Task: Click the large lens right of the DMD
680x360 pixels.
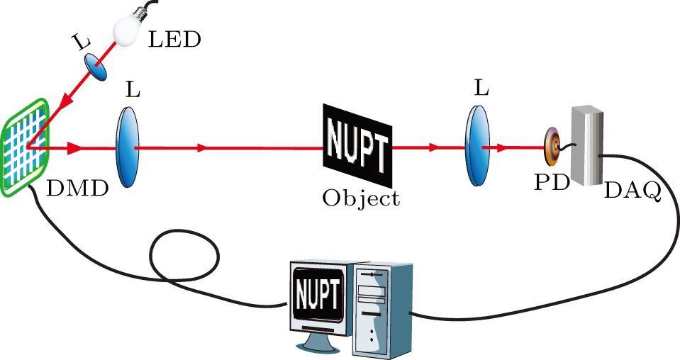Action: tap(126, 147)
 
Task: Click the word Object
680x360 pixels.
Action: tap(361, 198)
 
